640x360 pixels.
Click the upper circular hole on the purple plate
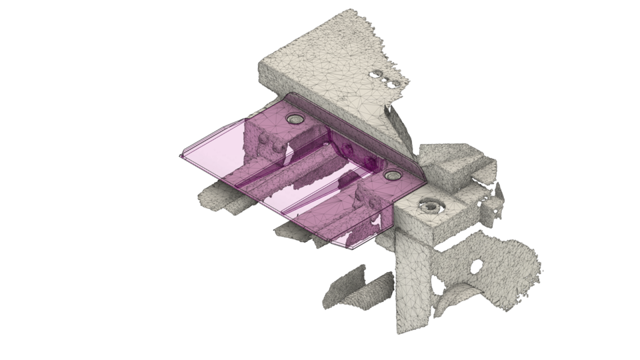click(x=294, y=119)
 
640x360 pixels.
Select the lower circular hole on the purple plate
click(x=391, y=175)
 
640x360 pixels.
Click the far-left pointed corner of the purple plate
click(x=181, y=156)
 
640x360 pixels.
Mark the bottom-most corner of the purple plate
click(x=349, y=247)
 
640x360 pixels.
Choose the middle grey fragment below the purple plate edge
click(x=293, y=231)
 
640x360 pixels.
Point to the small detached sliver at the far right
click(x=499, y=195)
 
